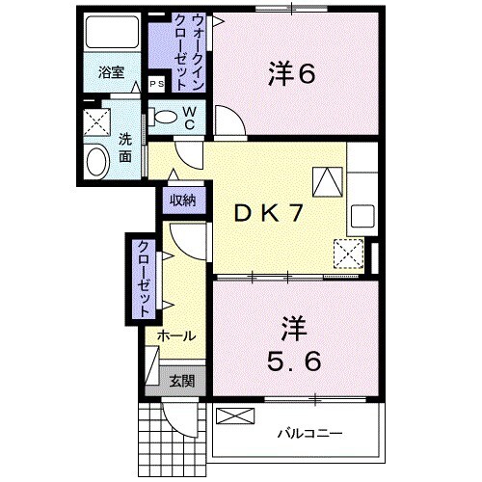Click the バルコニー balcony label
[x=310, y=433]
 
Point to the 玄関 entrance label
[x=182, y=381]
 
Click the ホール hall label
[x=176, y=336]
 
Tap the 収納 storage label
[x=183, y=201]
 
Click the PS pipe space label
[x=156, y=85]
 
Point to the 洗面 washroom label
[x=125, y=147]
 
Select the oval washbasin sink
[x=97, y=162]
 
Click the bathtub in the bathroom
[x=111, y=34]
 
